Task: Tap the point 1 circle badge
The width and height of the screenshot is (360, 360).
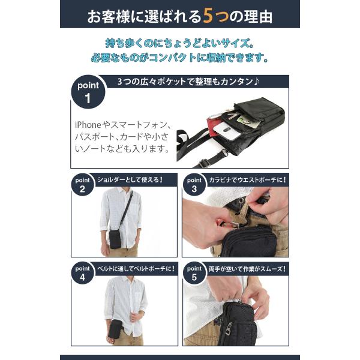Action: (x=88, y=92)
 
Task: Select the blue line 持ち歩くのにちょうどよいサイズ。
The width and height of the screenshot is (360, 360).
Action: (x=180, y=44)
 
